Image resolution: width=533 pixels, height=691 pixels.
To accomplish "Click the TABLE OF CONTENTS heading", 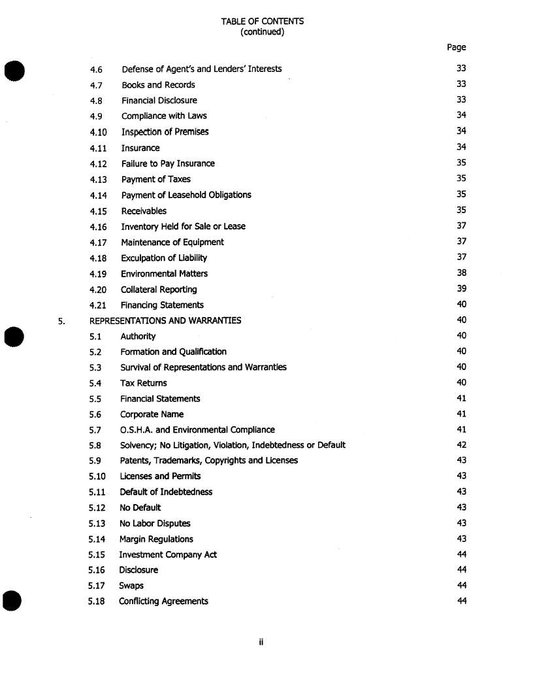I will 262,21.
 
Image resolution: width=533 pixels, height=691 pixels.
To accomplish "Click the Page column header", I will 457,47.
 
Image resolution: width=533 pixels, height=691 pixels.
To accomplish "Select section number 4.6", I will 96,69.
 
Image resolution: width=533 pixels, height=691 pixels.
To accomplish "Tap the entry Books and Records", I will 158,85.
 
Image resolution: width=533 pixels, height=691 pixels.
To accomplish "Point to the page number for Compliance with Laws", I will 461,116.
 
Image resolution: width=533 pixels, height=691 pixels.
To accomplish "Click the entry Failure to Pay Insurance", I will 168,163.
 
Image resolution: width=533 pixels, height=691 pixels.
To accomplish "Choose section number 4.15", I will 98,211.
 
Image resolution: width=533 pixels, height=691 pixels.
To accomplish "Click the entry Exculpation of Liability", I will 164,258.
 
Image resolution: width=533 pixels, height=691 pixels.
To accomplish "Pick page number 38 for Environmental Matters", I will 461,273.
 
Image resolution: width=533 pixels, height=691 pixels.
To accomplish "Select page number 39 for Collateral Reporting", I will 461,289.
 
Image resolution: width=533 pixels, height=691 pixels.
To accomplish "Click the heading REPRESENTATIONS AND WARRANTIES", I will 165,320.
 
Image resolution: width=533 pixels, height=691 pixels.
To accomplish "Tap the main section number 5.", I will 61,321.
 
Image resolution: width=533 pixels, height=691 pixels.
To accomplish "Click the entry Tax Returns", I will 143,383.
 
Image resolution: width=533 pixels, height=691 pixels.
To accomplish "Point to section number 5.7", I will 95,430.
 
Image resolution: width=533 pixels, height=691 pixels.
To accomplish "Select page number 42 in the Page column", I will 462,445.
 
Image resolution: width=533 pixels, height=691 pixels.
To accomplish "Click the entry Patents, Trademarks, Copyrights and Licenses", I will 208,461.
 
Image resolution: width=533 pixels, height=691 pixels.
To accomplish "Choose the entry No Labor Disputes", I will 155,524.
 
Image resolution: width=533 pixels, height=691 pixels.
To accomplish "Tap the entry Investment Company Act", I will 168,555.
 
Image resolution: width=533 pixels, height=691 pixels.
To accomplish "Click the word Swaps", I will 131,586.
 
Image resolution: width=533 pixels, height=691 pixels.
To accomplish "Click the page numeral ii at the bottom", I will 260,643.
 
